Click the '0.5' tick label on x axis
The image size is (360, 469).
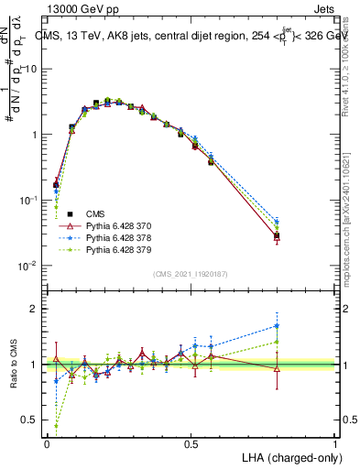tap(191, 443)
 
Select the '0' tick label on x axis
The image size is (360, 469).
tap(47, 443)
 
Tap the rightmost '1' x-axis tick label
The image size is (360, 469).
tap(335, 443)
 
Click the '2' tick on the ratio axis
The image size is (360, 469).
tap(36, 310)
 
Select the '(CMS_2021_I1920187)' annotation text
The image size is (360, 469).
tap(191, 274)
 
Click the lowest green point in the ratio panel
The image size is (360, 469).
tap(57, 426)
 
